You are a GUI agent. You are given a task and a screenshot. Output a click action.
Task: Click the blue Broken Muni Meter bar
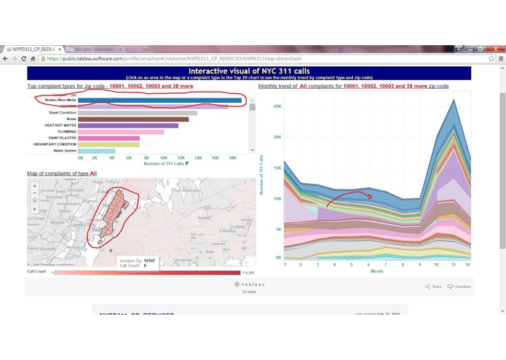pos(160,101)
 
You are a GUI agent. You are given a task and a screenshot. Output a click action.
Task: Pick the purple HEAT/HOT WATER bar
pos(128,125)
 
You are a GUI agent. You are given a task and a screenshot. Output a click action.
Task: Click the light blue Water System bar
pos(96,151)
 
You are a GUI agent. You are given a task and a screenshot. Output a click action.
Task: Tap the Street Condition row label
pos(62,113)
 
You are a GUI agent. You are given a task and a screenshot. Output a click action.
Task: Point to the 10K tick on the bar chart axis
pos(165,157)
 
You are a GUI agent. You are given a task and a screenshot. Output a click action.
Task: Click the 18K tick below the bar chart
pos(232,157)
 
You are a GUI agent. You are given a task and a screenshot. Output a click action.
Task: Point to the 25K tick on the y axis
pos(277,106)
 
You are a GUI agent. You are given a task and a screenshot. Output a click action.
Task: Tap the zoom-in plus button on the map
pos(34,186)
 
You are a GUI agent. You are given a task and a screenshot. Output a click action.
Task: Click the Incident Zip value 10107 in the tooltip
pos(149,260)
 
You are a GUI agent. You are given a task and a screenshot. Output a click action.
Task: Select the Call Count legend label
pos(36,272)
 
